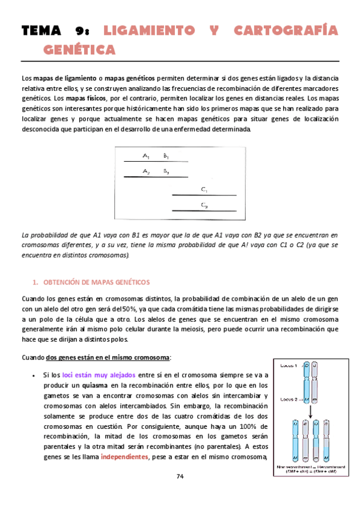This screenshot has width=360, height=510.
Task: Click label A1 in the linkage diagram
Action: click(146, 156)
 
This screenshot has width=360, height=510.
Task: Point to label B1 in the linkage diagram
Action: click(166, 156)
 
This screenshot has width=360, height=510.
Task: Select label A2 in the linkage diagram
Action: click(146, 171)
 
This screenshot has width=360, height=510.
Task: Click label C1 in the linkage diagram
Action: click(204, 190)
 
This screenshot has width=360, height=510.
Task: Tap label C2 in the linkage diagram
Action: click(204, 206)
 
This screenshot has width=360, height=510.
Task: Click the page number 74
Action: click(180, 477)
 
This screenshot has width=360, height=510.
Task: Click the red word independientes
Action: click(126, 456)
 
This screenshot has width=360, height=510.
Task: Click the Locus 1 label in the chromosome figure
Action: click(287, 366)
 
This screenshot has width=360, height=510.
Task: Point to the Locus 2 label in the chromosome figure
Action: click(287, 398)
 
